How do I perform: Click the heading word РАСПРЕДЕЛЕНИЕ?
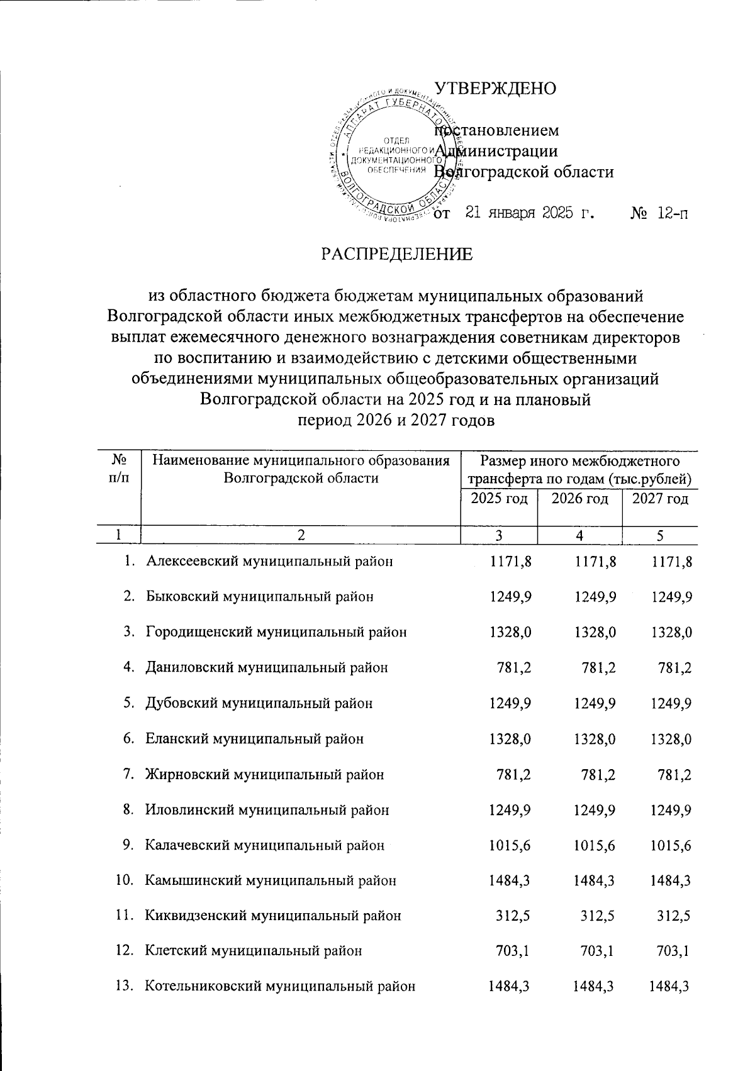396,254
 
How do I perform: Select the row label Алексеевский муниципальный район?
270,561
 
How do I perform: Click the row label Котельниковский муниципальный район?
280,986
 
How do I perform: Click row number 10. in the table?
125,880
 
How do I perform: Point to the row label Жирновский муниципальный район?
265,774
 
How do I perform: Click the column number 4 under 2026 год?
579,535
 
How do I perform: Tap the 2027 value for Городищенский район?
671,632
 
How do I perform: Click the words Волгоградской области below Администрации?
525,172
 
